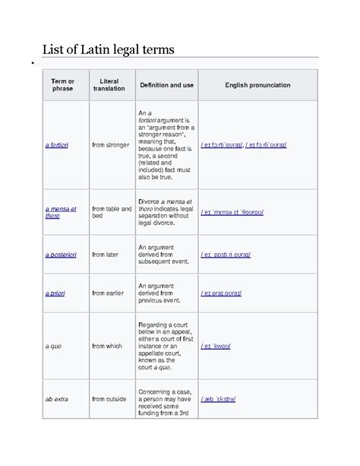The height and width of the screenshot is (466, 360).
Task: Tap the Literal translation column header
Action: pos(109,85)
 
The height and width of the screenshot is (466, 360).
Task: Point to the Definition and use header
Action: pos(165,85)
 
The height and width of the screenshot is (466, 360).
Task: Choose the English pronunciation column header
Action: pos(257,85)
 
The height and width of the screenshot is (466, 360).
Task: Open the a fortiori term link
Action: pos(57,144)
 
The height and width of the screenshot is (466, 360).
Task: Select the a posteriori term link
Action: pos(62,256)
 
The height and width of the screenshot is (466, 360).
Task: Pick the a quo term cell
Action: pos(53,346)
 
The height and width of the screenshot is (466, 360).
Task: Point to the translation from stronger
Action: pos(111,144)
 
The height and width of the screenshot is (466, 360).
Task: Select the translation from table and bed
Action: pos(112,211)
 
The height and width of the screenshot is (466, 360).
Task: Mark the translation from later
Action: pos(106,256)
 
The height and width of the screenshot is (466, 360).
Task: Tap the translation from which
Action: pos(107,346)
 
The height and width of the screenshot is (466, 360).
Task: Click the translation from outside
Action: pos(109,397)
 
